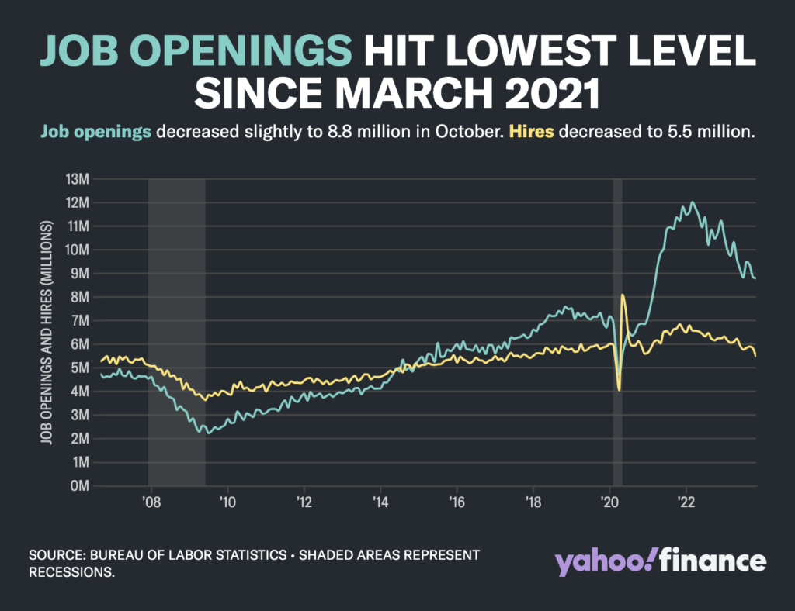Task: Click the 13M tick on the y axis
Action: pyautogui.click(x=79, y=179)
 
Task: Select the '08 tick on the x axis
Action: pyautogui.click(x=151, y=501)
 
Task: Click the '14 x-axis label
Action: pyautogui.click(x=380, y=501)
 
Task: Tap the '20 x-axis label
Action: pyautogui.click(x=609, y=501)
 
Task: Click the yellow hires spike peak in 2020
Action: pyautogui.click(x=623, y=295)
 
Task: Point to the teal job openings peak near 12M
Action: pyautogui.click(x=692, y=203)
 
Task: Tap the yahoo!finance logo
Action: pyautogui.click(x=660, y=561)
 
